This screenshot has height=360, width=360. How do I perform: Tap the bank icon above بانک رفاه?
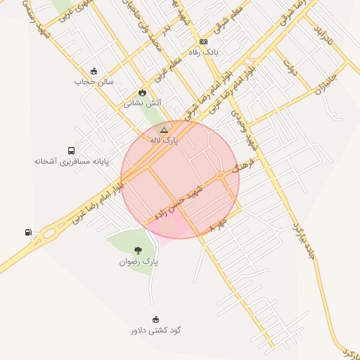[204, 41]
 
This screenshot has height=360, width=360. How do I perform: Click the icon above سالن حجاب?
[94, 70]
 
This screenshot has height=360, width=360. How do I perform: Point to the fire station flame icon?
[143, 92]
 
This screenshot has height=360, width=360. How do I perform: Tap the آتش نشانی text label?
[143, 103]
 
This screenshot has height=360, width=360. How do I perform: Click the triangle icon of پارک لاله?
[164, 130]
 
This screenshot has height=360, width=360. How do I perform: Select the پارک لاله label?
[164, 141]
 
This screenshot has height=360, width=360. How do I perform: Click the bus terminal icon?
[71, 150]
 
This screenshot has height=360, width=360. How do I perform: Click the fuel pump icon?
[28, 232]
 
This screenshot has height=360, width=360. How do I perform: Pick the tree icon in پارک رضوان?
[138, 250]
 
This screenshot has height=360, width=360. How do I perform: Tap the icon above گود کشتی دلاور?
[155, 319]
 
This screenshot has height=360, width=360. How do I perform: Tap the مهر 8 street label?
[220, 225]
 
